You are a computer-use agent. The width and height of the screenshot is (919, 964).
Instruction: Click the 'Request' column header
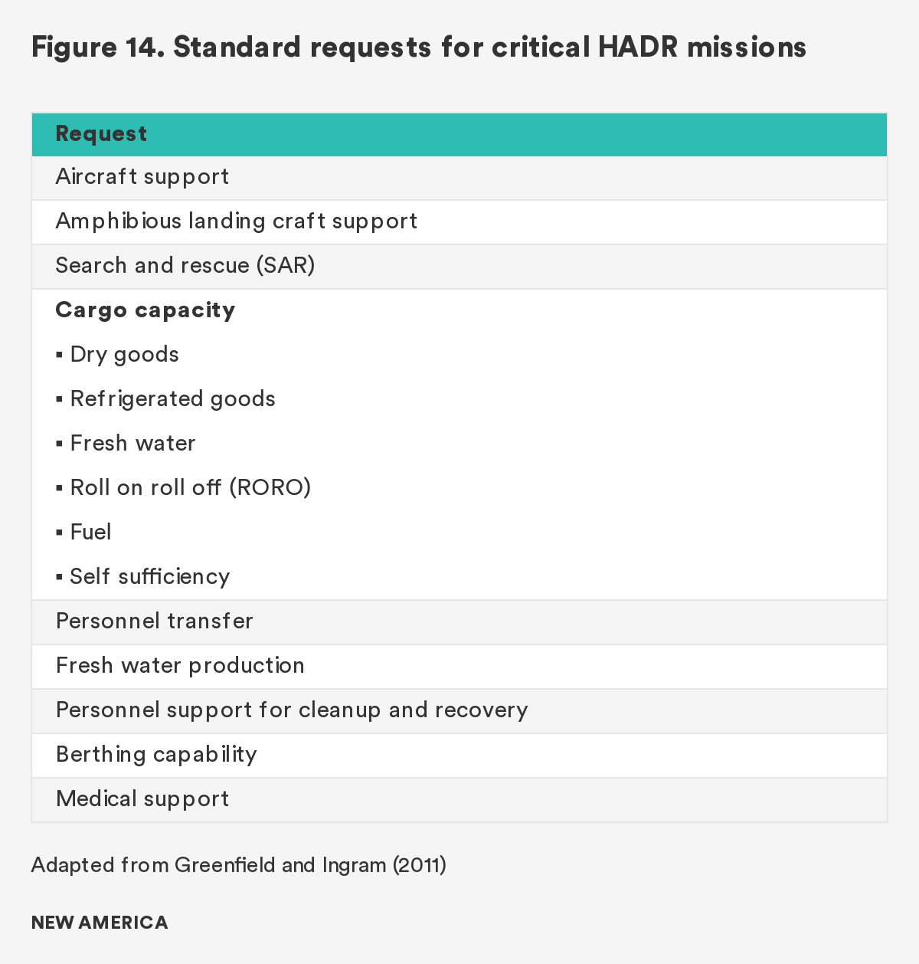(101, 134)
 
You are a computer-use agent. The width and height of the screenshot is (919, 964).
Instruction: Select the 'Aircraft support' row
(142, 177)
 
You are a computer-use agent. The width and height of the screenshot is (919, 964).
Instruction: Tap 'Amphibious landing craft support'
(237, 221)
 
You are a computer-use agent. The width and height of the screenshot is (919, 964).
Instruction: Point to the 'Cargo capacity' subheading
(146, 310)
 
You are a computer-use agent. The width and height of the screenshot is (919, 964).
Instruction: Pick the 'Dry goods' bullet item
(124, 355)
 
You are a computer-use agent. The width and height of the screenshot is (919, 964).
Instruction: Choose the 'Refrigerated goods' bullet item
(172, 399)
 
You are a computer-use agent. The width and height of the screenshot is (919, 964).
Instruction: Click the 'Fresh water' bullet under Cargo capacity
(132, 444)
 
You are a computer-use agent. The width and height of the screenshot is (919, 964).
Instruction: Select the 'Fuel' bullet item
(90, 533)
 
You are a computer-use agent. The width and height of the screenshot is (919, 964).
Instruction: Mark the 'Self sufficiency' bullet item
(149, 577)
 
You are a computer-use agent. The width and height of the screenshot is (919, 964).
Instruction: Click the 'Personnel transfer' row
(155, 621)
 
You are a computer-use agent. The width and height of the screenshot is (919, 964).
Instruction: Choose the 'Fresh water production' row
(180, 666)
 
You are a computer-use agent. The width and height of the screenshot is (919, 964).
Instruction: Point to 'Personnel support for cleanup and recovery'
(292, 710)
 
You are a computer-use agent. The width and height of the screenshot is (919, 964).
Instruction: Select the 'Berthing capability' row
(156, 755)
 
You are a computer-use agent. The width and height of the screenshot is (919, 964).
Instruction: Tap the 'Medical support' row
(142, 799)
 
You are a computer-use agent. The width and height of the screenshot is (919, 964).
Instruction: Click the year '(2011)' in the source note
(419, 865)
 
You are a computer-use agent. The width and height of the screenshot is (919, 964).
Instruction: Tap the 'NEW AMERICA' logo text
(100, 923)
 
